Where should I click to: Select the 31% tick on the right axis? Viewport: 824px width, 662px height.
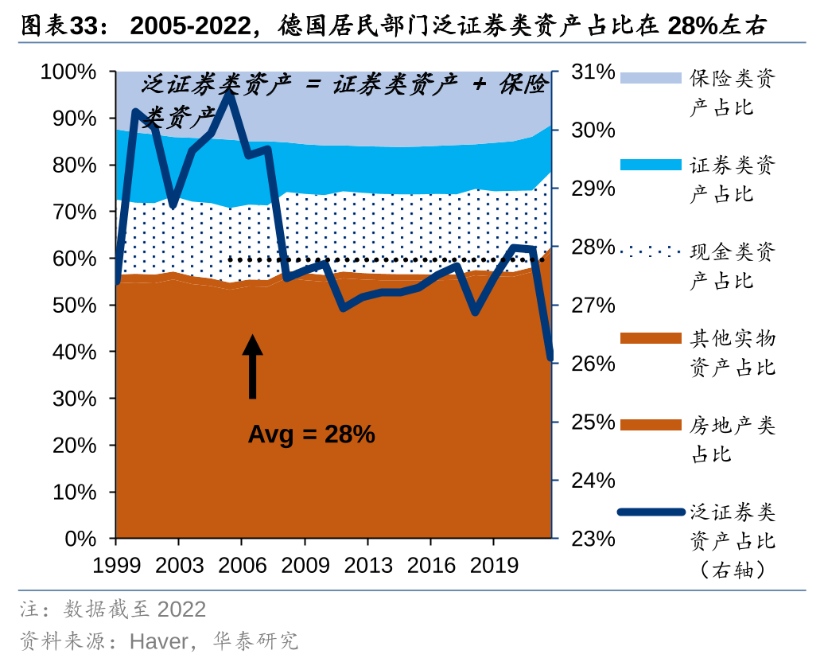593,72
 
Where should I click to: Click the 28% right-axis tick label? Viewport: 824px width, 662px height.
593,247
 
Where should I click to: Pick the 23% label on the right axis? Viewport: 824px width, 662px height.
593,539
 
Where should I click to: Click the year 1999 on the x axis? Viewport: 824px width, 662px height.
116,565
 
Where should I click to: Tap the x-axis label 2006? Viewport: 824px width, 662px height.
242,565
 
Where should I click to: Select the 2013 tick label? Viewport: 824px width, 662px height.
367,565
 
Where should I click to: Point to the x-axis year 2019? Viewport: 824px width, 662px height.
493,565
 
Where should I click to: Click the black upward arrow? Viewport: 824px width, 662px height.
252,366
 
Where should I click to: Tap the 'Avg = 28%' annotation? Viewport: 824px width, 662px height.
311,434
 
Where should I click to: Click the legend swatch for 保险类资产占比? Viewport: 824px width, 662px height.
651,78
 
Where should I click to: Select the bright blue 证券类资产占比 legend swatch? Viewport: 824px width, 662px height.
651,165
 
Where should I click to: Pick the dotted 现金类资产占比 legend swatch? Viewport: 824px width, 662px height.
651,251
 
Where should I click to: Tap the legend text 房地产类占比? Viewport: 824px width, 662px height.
732,440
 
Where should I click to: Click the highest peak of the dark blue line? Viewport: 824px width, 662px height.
230,93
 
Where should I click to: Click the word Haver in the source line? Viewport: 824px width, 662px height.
158,641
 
